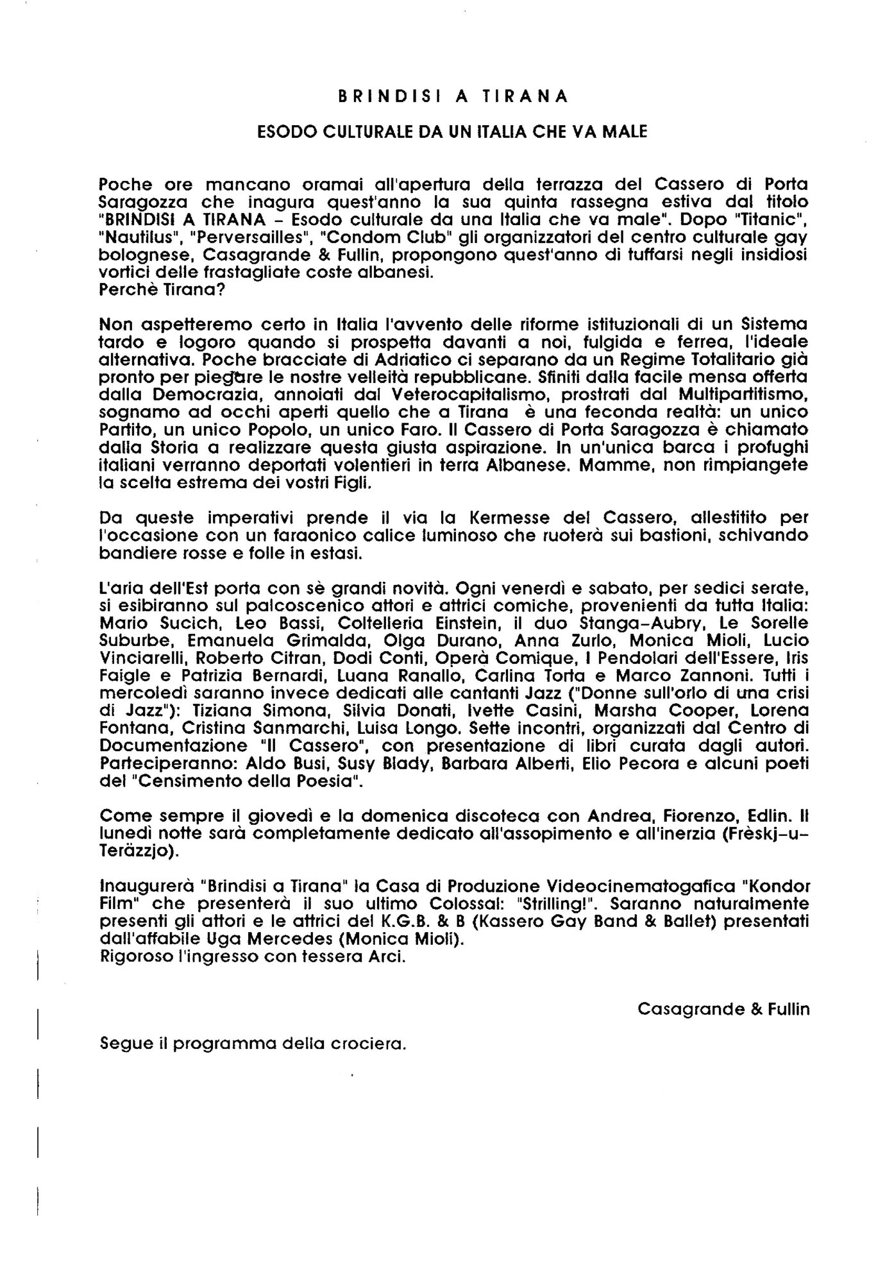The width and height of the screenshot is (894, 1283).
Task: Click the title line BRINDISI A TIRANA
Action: click(453, 96)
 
